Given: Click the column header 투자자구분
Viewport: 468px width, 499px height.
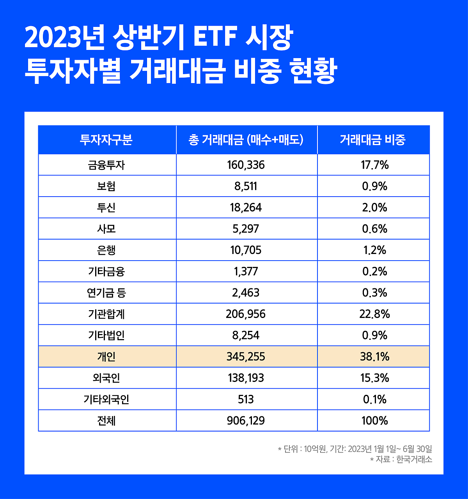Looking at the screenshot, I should [106, 140].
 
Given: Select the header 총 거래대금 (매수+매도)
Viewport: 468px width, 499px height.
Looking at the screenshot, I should [246, 140].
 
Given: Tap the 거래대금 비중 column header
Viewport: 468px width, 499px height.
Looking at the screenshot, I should [373, 140].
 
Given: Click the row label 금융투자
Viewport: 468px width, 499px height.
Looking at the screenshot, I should [106, 165].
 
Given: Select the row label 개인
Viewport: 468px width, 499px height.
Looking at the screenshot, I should [106, 357].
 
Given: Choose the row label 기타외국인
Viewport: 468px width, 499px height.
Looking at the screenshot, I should [106, 400].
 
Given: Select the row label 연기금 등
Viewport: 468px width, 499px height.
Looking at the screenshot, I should [106, 293].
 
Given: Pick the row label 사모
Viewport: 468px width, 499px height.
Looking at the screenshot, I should [106, 229].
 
